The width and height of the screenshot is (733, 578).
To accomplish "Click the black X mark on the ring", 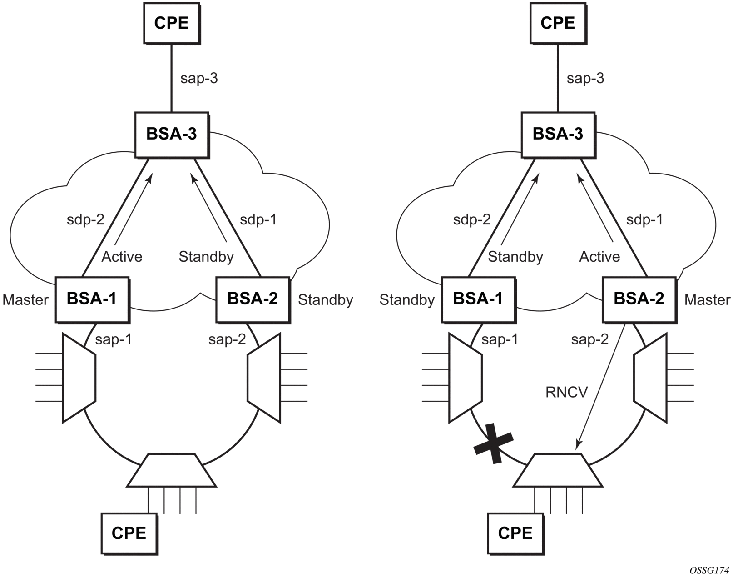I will (494, 443).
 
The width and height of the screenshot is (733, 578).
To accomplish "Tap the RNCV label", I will (567, 392).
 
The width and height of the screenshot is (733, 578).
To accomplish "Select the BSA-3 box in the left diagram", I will (172, 134).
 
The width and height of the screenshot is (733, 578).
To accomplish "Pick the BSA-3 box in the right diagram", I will (558, 134).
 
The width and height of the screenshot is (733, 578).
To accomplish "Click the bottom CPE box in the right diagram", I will (515, 533).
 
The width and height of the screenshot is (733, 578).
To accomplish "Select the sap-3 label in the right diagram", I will (585, 78).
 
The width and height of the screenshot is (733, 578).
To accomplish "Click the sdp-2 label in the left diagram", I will (85, 220).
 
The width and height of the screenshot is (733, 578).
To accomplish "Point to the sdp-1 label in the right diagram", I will (644, 220).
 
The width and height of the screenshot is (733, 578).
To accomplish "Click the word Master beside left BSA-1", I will (25, 300).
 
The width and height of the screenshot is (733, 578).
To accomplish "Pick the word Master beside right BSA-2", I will (707, 300).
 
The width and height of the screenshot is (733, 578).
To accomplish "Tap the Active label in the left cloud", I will (122, 257).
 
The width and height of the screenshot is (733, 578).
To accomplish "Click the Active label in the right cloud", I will (599, 257).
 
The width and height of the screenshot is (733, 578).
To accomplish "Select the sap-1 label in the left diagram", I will (114, 339).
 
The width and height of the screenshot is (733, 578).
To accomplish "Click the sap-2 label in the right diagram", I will (590, 339).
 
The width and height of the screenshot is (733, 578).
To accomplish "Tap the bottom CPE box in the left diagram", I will (129, 533).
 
